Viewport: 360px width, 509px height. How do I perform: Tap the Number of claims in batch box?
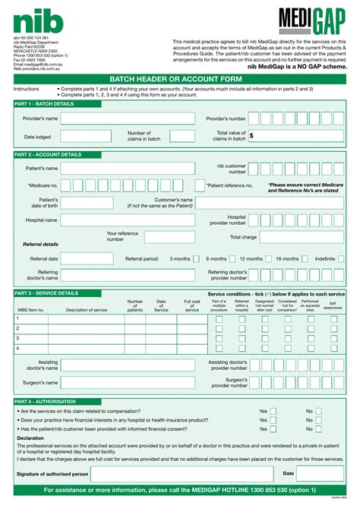[x=182, y=136]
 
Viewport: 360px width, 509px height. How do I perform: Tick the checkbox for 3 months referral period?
[x=196, y=258]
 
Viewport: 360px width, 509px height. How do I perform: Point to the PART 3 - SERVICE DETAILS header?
[x=46, y=292]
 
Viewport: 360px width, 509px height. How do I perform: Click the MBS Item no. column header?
[x=30, y=310]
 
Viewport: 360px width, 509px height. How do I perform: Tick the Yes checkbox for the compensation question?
[x=273, y=410]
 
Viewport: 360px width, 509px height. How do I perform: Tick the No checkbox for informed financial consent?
[x=319, y=429]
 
